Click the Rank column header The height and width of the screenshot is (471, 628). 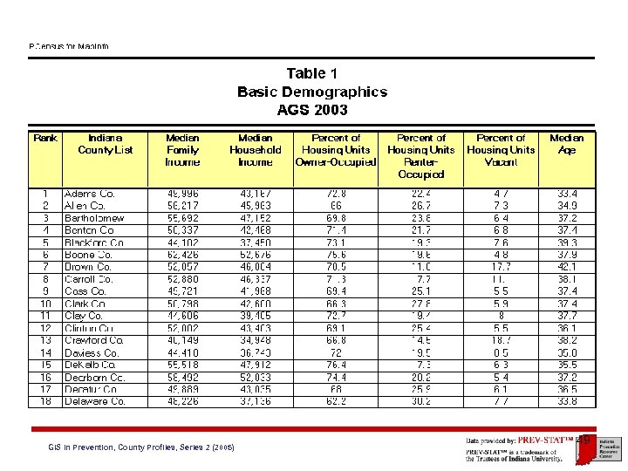pos(45,138)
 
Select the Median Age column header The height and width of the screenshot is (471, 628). pos(566,144)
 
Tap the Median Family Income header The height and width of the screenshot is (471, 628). pos(181,150)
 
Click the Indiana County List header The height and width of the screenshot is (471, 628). pos(106,144)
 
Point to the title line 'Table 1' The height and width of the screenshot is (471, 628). pos(312,73)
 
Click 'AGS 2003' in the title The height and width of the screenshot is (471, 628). pos(312,110)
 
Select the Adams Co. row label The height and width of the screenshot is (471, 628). pos(89,193)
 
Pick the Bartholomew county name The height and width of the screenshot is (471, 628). pos(94,218)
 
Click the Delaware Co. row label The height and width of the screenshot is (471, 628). pos(94,401)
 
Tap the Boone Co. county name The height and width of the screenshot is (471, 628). pos(88,255)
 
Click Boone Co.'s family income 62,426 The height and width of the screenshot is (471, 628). pos(181,255)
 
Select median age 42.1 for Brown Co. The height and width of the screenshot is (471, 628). pos(566,267)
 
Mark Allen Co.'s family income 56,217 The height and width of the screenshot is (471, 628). pos(181,206)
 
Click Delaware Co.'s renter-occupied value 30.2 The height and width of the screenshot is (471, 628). pos(421,401)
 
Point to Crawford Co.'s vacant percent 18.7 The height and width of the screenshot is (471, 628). pos(501,340)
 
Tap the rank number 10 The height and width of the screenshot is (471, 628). pos(45,304)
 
